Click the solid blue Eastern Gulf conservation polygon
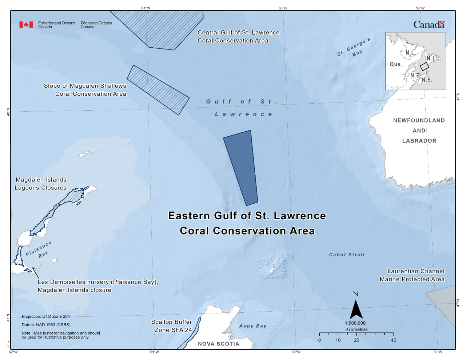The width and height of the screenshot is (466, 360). pyautogui.click(x=242, y=167)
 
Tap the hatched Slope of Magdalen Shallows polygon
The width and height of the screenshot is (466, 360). pyautogui.click(x=158, y=90)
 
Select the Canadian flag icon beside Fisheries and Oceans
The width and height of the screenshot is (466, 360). pyautogui.click(x=26, y=25)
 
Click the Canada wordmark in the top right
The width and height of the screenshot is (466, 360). pyautogui.click(x=429, y=25)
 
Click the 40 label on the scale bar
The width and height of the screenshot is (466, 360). pyautogui.click(x=393, y=340)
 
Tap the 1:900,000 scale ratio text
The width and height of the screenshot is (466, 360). pyautogui.click(x=355, y=323)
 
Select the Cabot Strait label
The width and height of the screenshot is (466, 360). pyautogui.click(x=347, y=255)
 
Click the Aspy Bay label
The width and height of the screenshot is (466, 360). pyautogui.click(x=253, y=326)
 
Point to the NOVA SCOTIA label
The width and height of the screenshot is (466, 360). pyautogui.click(x=219, y=344)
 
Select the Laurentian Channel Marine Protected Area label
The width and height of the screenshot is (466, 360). pyautogui.click(x=412, y=275)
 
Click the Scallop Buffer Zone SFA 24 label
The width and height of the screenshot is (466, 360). pyautogui.click(x=171, y=326)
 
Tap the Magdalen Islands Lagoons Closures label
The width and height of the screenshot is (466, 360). pyautogui.click(x=41, y=184)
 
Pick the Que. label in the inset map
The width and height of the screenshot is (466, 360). pyautogui.click(x=396, y=64)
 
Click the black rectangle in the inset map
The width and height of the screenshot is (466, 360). pyautogui.click(x=425, y=67)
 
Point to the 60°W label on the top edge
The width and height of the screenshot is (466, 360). pyautogui.click(x=283, y=8)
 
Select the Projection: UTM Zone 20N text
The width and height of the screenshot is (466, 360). pyautogui.click(x=46, y=317)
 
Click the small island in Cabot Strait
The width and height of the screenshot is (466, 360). pyautogui.click(x=271, y=269)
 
